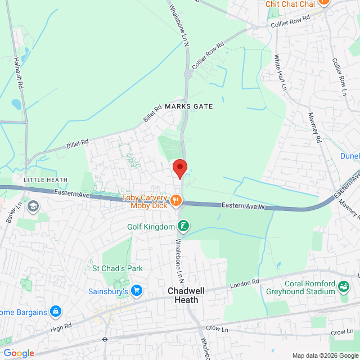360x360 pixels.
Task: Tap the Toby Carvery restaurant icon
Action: [175, 200]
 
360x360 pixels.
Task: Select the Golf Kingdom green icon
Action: [183, 227]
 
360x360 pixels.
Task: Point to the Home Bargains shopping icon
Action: [55, 311]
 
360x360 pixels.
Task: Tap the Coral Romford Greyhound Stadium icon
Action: [343, 289]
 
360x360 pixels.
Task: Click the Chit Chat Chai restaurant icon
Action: [323, 2]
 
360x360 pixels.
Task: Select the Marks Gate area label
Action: [189, 106]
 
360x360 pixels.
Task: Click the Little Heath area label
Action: [46, 180]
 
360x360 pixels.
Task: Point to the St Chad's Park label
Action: [118, 269]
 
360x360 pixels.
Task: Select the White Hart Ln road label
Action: [280, 73]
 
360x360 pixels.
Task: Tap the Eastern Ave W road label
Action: [242, 206]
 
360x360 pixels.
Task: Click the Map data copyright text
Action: [323, 355]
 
